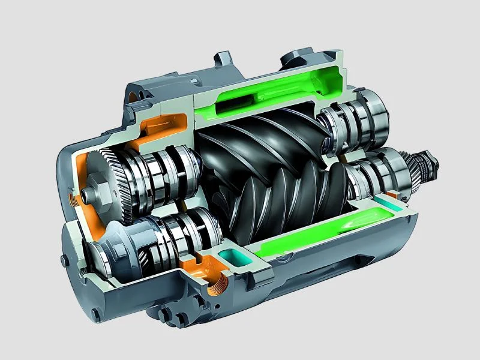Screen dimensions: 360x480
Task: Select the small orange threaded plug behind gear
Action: [74, 198]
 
